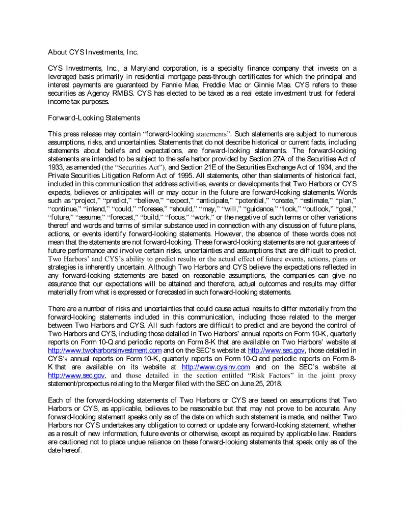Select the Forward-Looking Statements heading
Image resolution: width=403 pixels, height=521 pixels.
tap(94, 118)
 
